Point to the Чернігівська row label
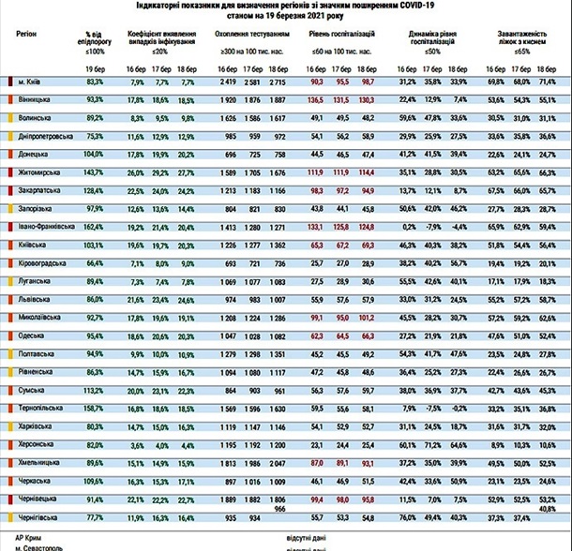[x=38, y=516]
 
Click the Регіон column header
[x=28, y=32]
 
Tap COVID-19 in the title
[x=401, y=7]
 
